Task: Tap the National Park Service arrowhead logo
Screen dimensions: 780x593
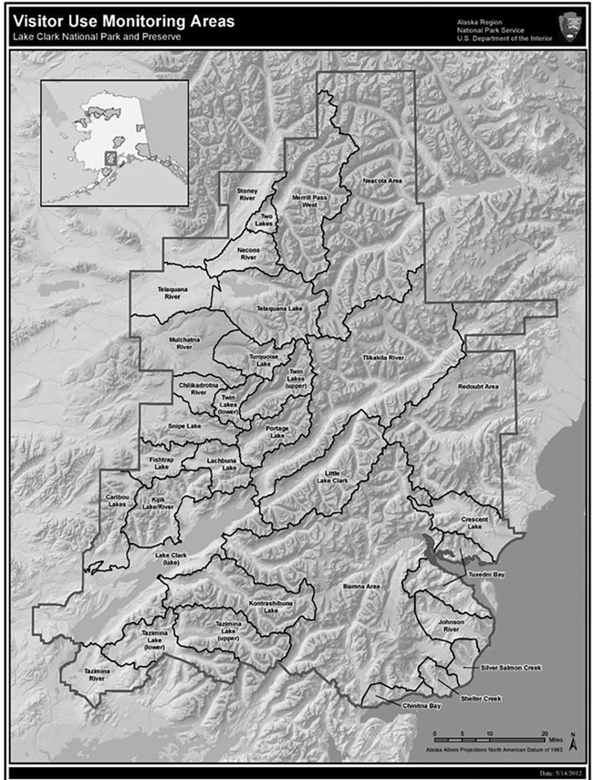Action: tap(573, 25)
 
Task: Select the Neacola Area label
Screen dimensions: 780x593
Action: tap(382, 181)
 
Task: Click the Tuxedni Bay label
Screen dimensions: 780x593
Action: tap(487, 576)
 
